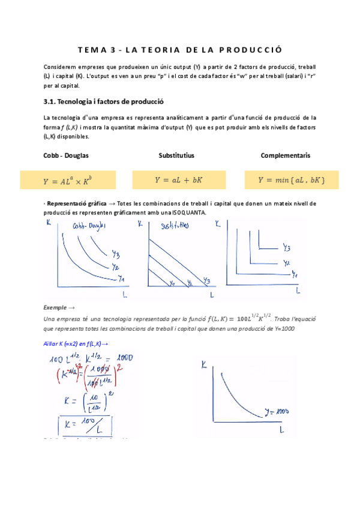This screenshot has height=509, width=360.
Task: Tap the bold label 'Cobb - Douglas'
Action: tap(66, 155)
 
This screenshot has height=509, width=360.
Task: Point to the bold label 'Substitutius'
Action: tap(176, 155)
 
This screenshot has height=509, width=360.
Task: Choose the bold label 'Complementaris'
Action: tap(285, 155)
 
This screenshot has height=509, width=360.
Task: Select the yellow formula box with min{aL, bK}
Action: tap(292, 179)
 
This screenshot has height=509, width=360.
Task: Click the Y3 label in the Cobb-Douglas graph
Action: tap(116, 252)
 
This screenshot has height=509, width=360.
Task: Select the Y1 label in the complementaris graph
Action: tap(295, 274)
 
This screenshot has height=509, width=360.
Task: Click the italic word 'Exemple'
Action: tap(56, 307)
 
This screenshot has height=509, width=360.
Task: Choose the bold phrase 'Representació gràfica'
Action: tap(81, 204)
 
